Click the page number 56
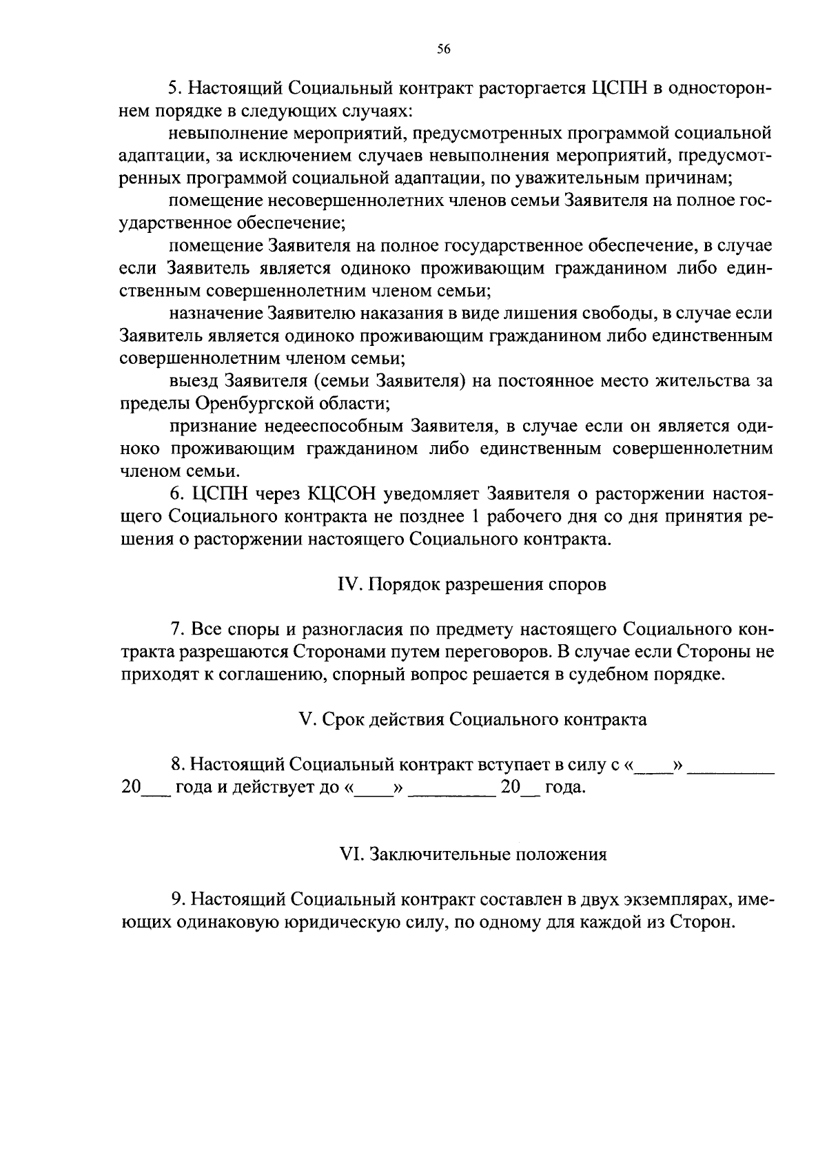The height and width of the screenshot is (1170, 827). (x=443, y=48)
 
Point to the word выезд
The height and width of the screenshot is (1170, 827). (x=194, y=380)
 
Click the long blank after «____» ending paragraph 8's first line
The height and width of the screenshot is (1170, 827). (x=731, y=766)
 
